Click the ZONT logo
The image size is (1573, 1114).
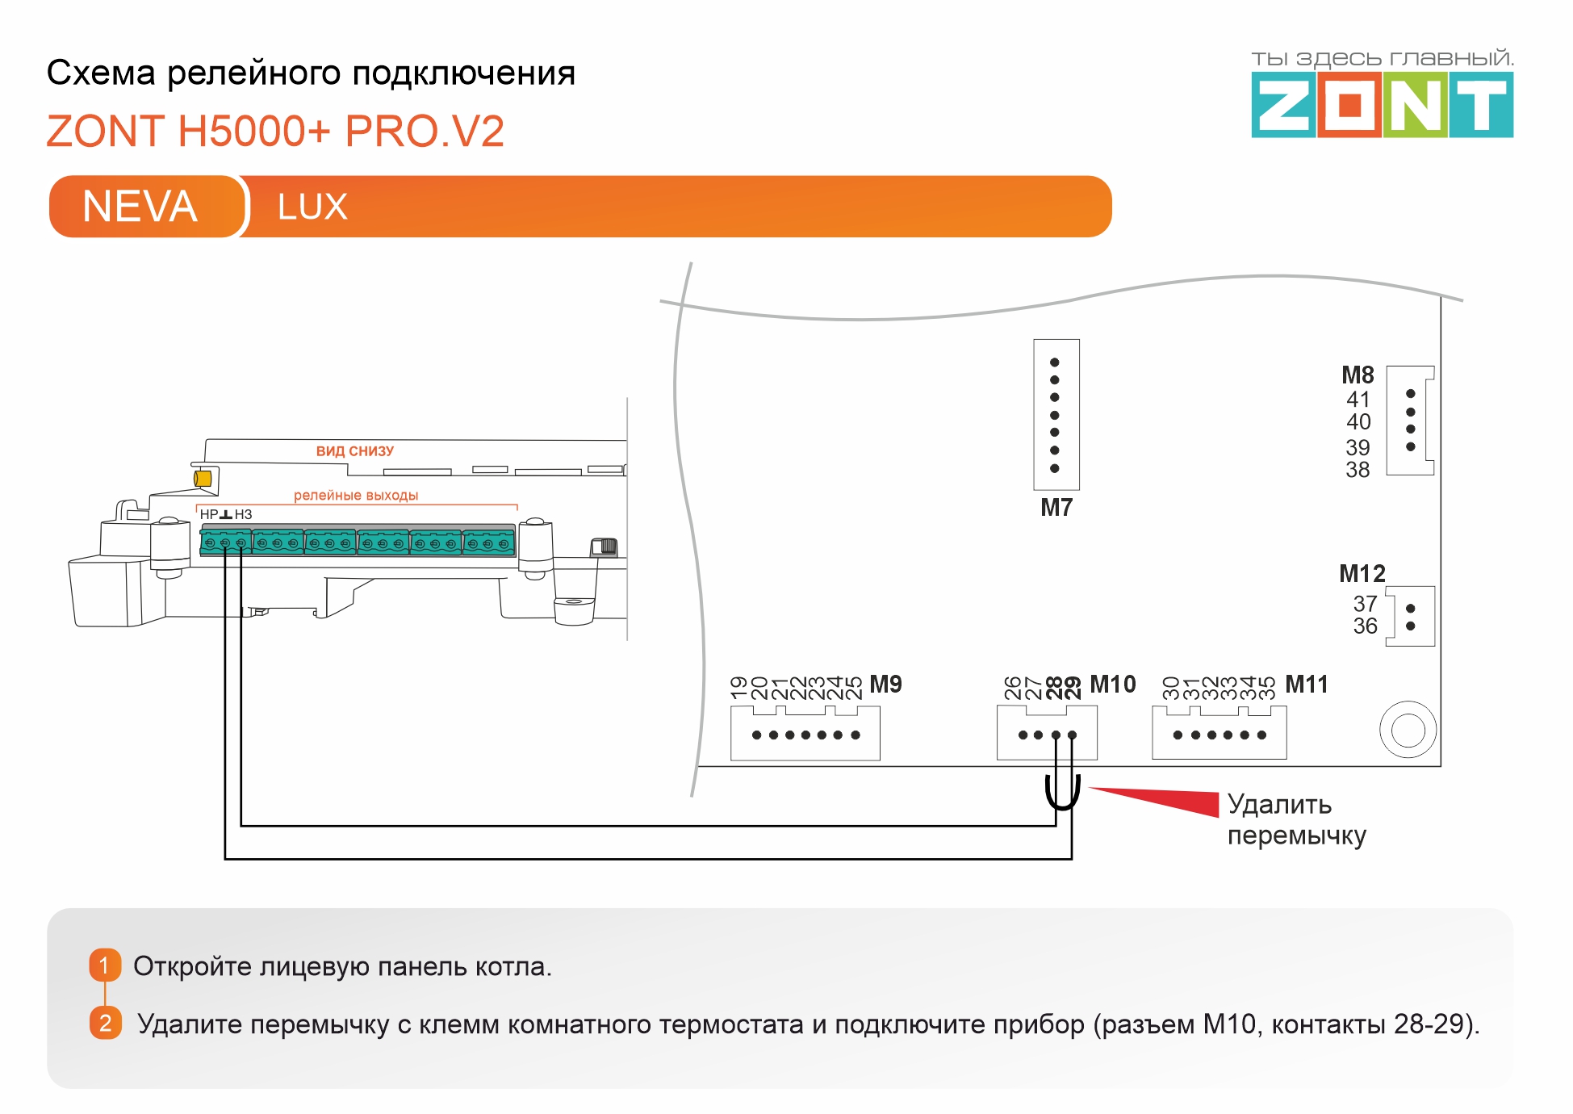(1381, 105)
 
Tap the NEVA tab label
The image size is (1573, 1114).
(140, 207)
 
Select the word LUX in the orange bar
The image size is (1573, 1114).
(312, 207)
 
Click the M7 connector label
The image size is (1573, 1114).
(1056, 508)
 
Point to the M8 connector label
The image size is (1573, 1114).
(1358, 375)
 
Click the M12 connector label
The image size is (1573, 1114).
(1362, 574)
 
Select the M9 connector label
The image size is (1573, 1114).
(885, 685)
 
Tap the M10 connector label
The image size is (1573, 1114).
(1112, 685)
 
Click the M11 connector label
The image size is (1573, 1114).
(1306, 685)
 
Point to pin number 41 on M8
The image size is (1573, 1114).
(1358, 400)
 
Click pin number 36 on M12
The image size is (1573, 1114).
(1365, 626)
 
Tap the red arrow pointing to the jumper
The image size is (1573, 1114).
(1162, 800)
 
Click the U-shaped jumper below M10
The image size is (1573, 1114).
(1063, 795)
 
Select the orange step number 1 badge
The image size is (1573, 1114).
(105, 965)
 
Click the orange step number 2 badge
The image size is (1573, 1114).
(105, 1023)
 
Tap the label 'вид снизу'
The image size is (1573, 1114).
(354, 451)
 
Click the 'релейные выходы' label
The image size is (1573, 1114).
(355, 496)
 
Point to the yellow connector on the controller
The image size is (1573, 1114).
(203, 478)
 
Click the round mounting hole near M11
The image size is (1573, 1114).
(1408, 730)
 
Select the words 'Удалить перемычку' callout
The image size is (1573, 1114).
(1295, 819)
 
